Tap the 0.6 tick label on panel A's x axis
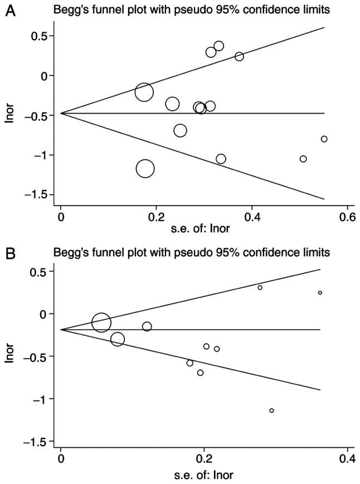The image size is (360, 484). click(348, 216)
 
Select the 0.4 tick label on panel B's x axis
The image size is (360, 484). click(347, 459)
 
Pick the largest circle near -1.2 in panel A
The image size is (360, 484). click(145, 168)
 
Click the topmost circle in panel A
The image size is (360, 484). click(218, 46)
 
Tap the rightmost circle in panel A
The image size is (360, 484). click(324, 139)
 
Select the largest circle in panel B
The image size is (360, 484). click(101, 322)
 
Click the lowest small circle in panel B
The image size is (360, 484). click(271, 410)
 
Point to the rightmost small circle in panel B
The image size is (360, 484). click(320, 292)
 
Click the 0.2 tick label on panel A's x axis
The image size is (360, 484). click(156, 216)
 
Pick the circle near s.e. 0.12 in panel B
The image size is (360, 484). click(147, 327)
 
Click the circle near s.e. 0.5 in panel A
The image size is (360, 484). click(303, 159)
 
